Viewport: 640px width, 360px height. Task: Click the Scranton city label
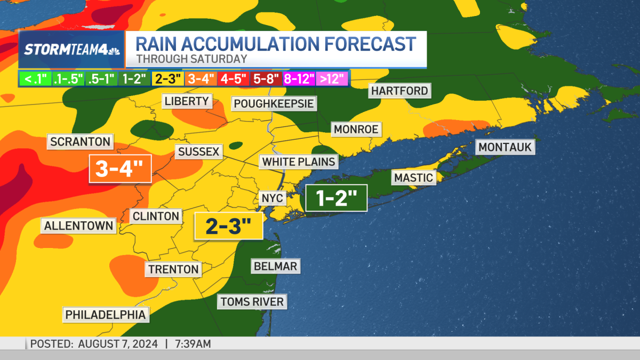(81, 142)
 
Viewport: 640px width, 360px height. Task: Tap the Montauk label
(505, 147)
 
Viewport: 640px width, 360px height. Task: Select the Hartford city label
(399, 91)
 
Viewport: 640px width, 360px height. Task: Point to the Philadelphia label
(106, 315)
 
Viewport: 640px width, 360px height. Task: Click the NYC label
(273, 198)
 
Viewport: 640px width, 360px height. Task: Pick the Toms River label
(252, 301)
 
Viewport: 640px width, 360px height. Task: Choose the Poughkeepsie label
(274, 103)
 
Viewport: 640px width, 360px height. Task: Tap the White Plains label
(299, 162)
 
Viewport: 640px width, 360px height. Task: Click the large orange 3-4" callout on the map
(120, 169)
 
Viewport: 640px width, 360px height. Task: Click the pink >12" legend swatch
(332, 79)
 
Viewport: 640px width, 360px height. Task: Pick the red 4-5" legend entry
(233, 79)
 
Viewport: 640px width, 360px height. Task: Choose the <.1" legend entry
(35, 79)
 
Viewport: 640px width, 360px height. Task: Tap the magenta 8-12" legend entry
(299, 79)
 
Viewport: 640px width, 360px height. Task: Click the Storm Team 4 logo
(71, 50)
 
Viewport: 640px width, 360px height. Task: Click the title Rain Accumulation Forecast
(276, 43)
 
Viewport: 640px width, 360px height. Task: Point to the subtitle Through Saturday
(192, 59)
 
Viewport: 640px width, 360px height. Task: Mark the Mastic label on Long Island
(414, 178)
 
